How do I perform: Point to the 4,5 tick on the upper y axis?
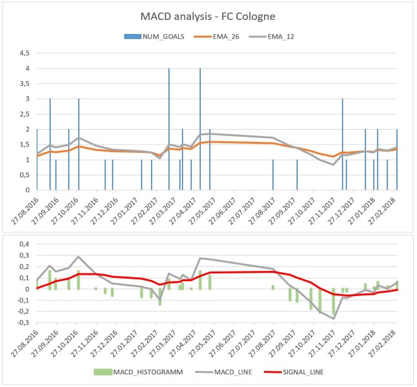click(25, 54)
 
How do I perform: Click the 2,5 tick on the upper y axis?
click(25, 114)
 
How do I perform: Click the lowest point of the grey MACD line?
click(334, 319)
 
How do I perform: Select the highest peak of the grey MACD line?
click(200, 258)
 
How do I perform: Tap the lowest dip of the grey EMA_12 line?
click(334, 164)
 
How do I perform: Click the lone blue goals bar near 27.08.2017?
click(273, 175)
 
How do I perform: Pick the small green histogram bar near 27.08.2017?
click(273, 287)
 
